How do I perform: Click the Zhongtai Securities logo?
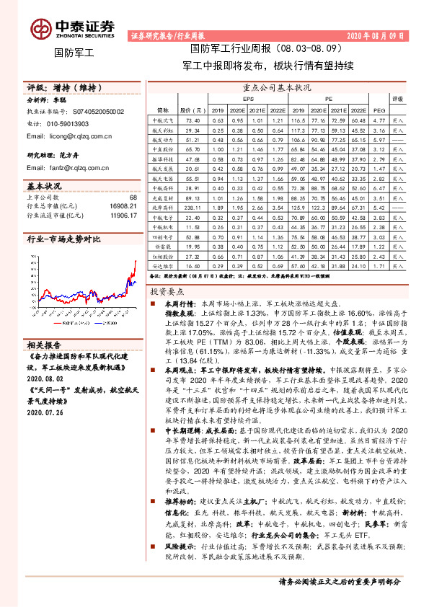(72, 27)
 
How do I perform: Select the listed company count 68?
(133, 197)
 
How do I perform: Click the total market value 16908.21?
(122, 205)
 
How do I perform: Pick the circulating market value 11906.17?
(122, 215)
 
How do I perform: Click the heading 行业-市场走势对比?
(63, 239)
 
